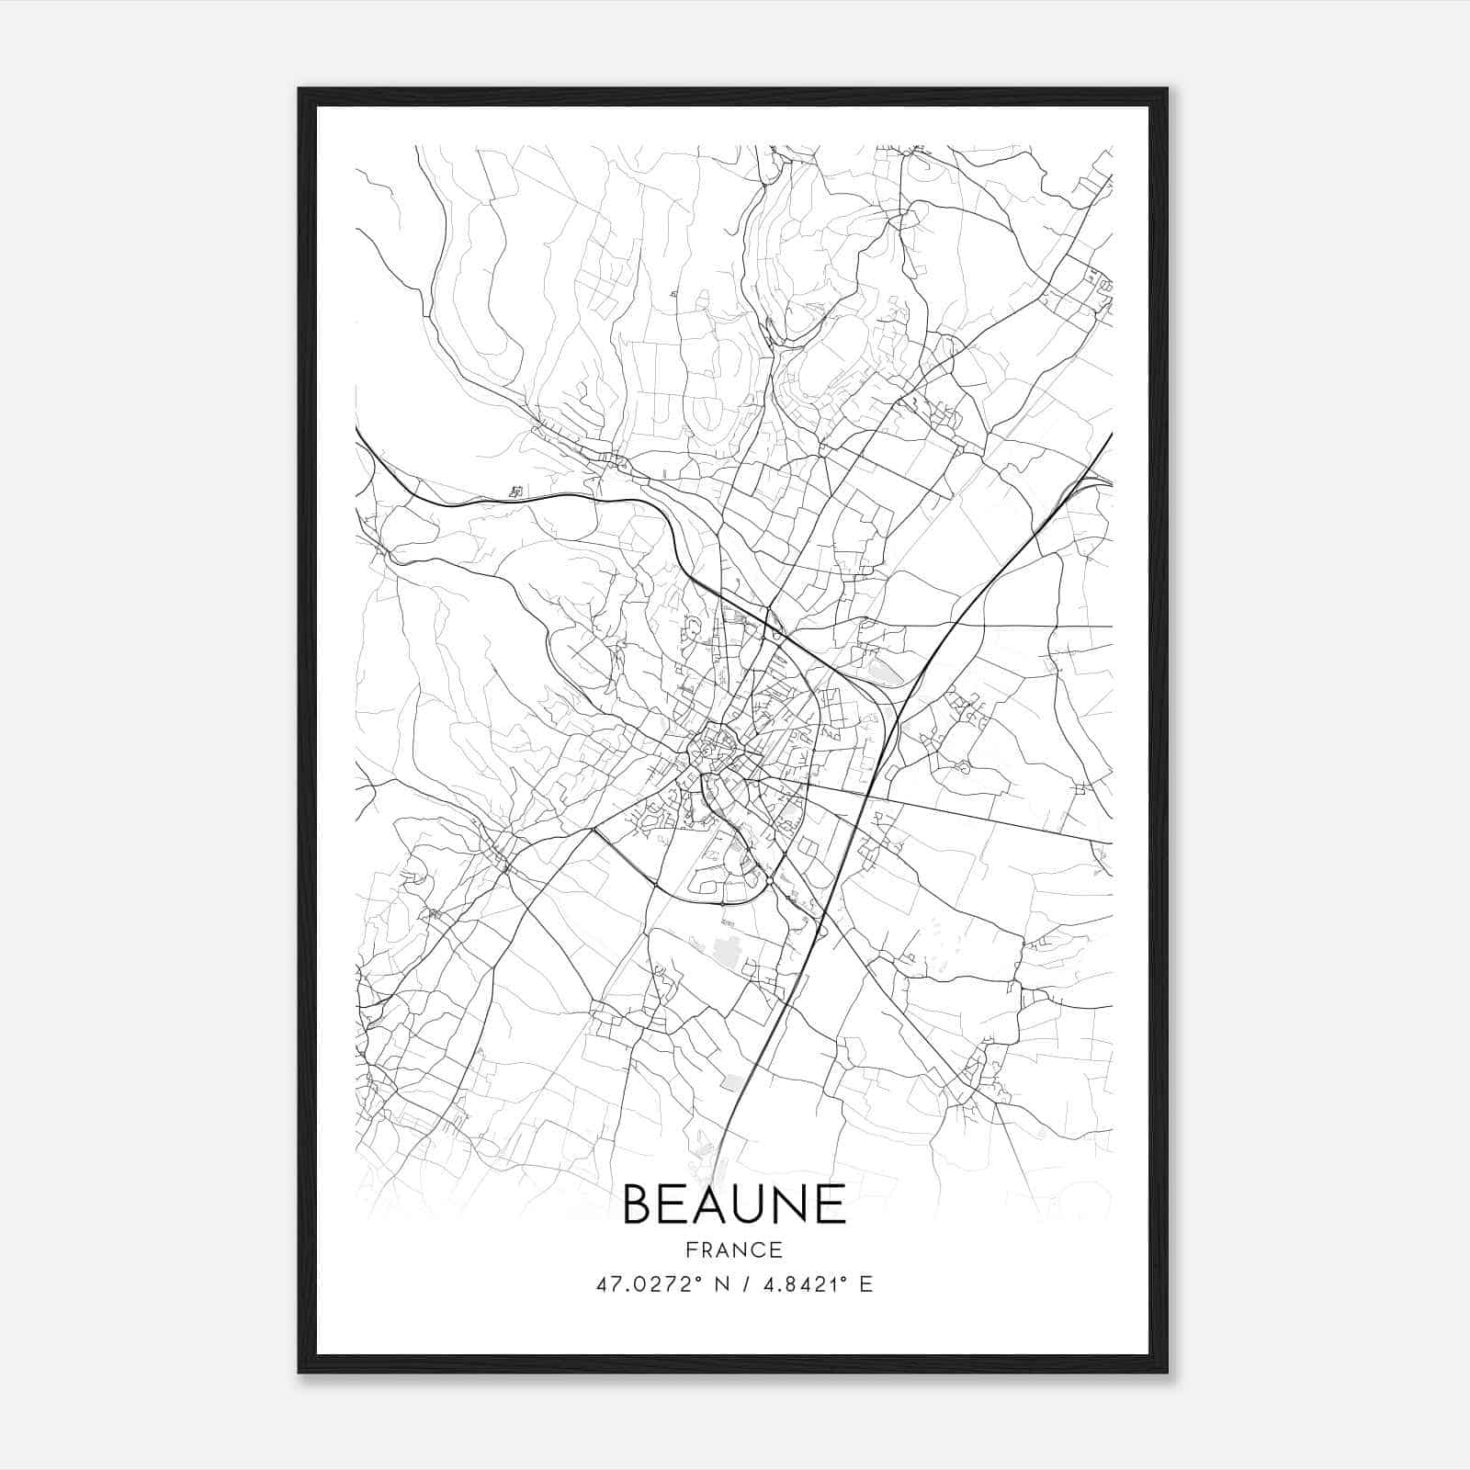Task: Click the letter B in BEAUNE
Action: pyautogui.click(x=639, y=1204)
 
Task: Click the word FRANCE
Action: pyautogui.click(x=734, y=1249)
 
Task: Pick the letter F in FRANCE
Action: pyautogui.click(x=691, y=1249)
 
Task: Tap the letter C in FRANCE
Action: pyautogui.click(x=761, y=1249)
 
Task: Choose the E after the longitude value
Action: pyautogui.click(x=865, y=1284)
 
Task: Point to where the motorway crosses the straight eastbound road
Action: pyautogui.click(x=868, y=791)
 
